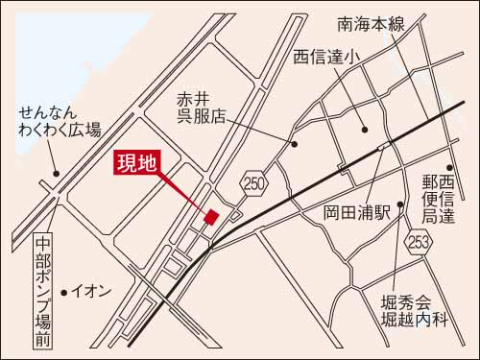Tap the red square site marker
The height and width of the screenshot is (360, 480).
click(x=211, y=218)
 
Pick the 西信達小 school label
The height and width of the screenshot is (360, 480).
click(x=326, y=58)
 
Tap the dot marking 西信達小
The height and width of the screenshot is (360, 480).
click(x=364, y=130)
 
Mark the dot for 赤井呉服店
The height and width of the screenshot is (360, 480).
click(x=294, y=144)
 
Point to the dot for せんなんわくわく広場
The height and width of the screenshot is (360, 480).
click(x=56, y=174)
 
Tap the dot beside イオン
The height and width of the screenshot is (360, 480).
click(x=63, y=290)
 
